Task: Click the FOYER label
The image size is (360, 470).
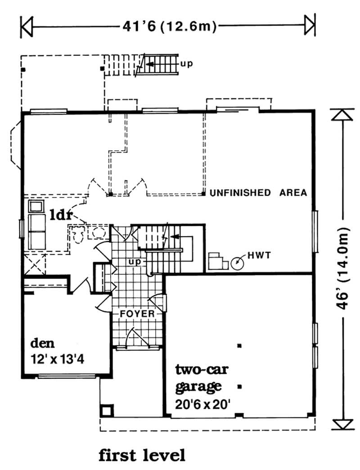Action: click(137, 314)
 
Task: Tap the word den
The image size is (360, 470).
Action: click(43, 343)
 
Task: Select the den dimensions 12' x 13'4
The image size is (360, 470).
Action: click(58, 359)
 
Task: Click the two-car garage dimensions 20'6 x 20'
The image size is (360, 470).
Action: click(203, 404)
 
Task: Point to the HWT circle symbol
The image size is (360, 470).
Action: click(237, 263)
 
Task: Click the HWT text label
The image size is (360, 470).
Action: click(259, 255)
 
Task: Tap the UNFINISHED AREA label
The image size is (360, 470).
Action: click(258, 192)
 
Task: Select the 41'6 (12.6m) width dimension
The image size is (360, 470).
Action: click(169, 27)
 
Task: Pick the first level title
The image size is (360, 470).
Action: click(142, 455)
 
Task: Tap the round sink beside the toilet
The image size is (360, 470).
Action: click(97, 233)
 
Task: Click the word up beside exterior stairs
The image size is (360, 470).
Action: click(187, 64)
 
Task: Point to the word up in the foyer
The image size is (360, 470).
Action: click(135, 262)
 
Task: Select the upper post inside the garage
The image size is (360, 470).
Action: click(239, 346)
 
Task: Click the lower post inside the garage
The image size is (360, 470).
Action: click(239, 387)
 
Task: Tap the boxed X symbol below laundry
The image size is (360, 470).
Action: click(36, 264)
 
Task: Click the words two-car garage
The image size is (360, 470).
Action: click(202, 378)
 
